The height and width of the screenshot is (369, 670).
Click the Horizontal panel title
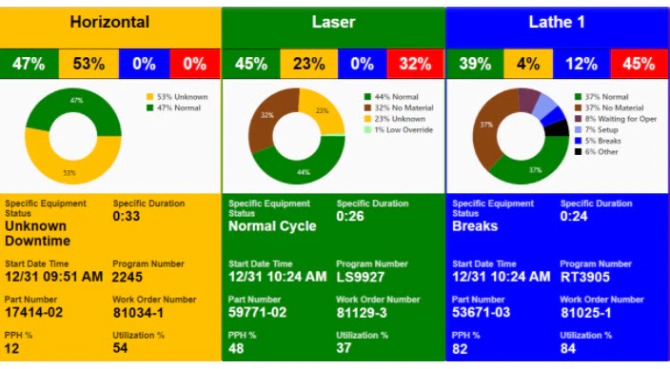(x=110, y=22)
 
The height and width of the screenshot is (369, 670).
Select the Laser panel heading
(x=333, y=22)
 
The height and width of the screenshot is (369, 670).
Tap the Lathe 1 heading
(x=557, y=22)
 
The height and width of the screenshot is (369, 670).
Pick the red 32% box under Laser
(x=414, y=64)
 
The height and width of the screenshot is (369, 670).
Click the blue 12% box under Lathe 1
(x=582, y=64)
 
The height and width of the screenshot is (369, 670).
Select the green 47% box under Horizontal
(x=29, y=64)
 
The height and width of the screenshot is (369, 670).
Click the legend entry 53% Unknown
(x=182, y=97)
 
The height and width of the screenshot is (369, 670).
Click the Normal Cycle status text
(x=272, y=227)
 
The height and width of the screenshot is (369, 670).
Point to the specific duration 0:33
(x=127, y=216)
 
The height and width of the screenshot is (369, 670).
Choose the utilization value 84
(x=569, y=348)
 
